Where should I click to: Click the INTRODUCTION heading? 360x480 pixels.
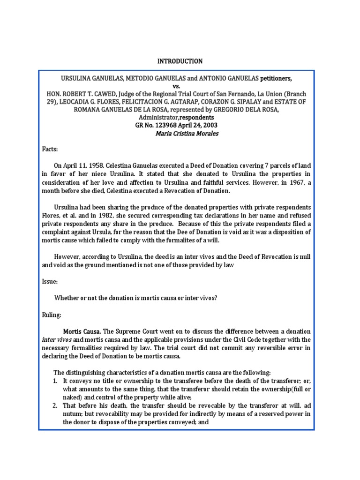click(x=180, y=61)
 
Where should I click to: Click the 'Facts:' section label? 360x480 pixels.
click(x=50, y=149)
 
